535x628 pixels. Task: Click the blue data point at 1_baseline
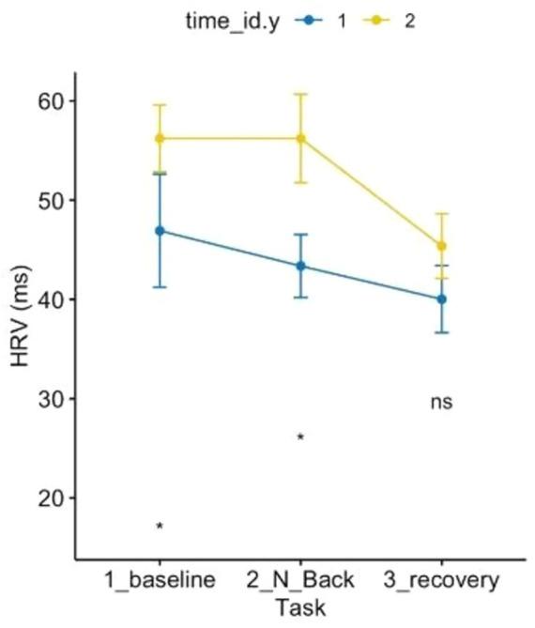click(x=160, y=230)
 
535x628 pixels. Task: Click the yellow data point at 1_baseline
click(x=160, y=138)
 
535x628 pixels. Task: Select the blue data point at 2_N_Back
click(x=300, y=266)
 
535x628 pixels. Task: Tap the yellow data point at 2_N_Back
click(x=300, y=138)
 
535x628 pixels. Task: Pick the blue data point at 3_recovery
click(x=441, y=299)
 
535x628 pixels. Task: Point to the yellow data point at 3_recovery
click(x=441, y=246)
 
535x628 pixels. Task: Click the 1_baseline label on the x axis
click(x=160, y=579)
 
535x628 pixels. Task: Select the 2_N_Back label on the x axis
click(x=300, y=579)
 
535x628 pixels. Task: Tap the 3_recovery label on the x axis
click(x=441, y=579)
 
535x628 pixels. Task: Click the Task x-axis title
click(x=300, y=607)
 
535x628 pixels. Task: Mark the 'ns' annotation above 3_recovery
click(x=441, y=402)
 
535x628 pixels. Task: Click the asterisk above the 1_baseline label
click(x=160, y=528)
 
